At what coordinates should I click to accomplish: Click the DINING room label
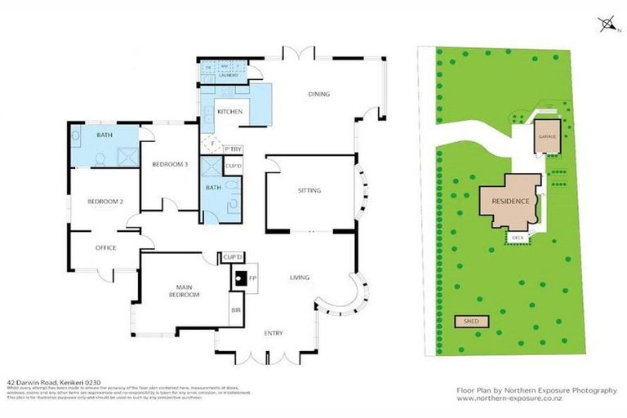pyautogui.click(x=319, y=94)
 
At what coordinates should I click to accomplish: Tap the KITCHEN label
pyautogui.click(x=229, y=111)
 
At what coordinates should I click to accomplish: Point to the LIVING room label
pyautogui.click(x=300, y=278)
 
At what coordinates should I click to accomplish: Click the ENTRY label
pyautogui.click(x=273, y=334)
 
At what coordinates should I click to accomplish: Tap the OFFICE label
pyautogui.click(x=106, y=247)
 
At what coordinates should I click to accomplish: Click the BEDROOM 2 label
pyautogui.click(x=104, y=201)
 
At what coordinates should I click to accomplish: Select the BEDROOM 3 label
pyautogui.click(x=170, y=164)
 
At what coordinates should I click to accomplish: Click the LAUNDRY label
pyautogui.click(x=227, y=75)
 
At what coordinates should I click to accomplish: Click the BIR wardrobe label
pyautogui.click(x=237, y=310)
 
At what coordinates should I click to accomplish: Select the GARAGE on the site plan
pyautogui.click(x=546, y=136)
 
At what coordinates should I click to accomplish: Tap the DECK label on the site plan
pyautogui.click(x=518, y=238)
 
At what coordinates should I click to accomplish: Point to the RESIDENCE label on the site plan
pyautogui.click(x=510, y=201)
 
